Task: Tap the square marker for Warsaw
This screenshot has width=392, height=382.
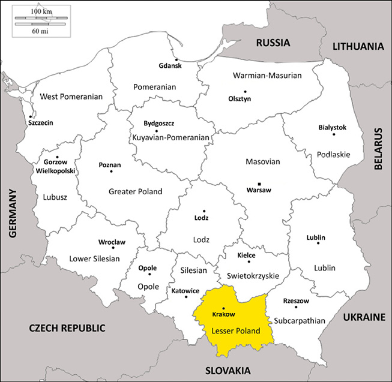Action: point(259,184)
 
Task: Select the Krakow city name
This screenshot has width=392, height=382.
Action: point(223,315)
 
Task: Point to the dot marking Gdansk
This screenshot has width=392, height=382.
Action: point(176,60)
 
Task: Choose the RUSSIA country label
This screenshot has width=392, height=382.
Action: point(273,43)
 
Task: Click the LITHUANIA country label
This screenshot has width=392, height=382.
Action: point(358,46)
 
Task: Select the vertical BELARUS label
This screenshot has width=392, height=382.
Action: point(379,149)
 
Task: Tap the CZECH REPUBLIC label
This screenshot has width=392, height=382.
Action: point(67,328)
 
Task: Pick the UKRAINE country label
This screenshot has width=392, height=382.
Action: point(363,316)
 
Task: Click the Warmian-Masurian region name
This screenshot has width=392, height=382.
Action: point(267,76)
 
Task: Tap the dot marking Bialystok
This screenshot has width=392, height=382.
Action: point(334,134)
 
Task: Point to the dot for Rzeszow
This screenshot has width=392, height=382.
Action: point(296,307)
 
